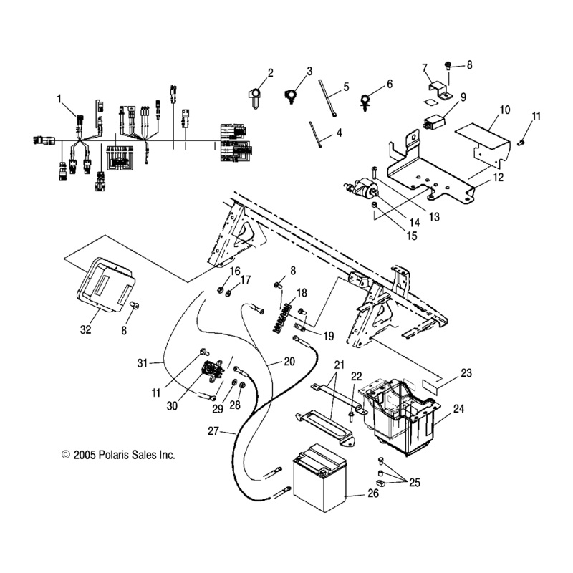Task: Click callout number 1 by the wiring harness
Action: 59,100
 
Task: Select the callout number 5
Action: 346,87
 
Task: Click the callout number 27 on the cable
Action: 213,431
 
